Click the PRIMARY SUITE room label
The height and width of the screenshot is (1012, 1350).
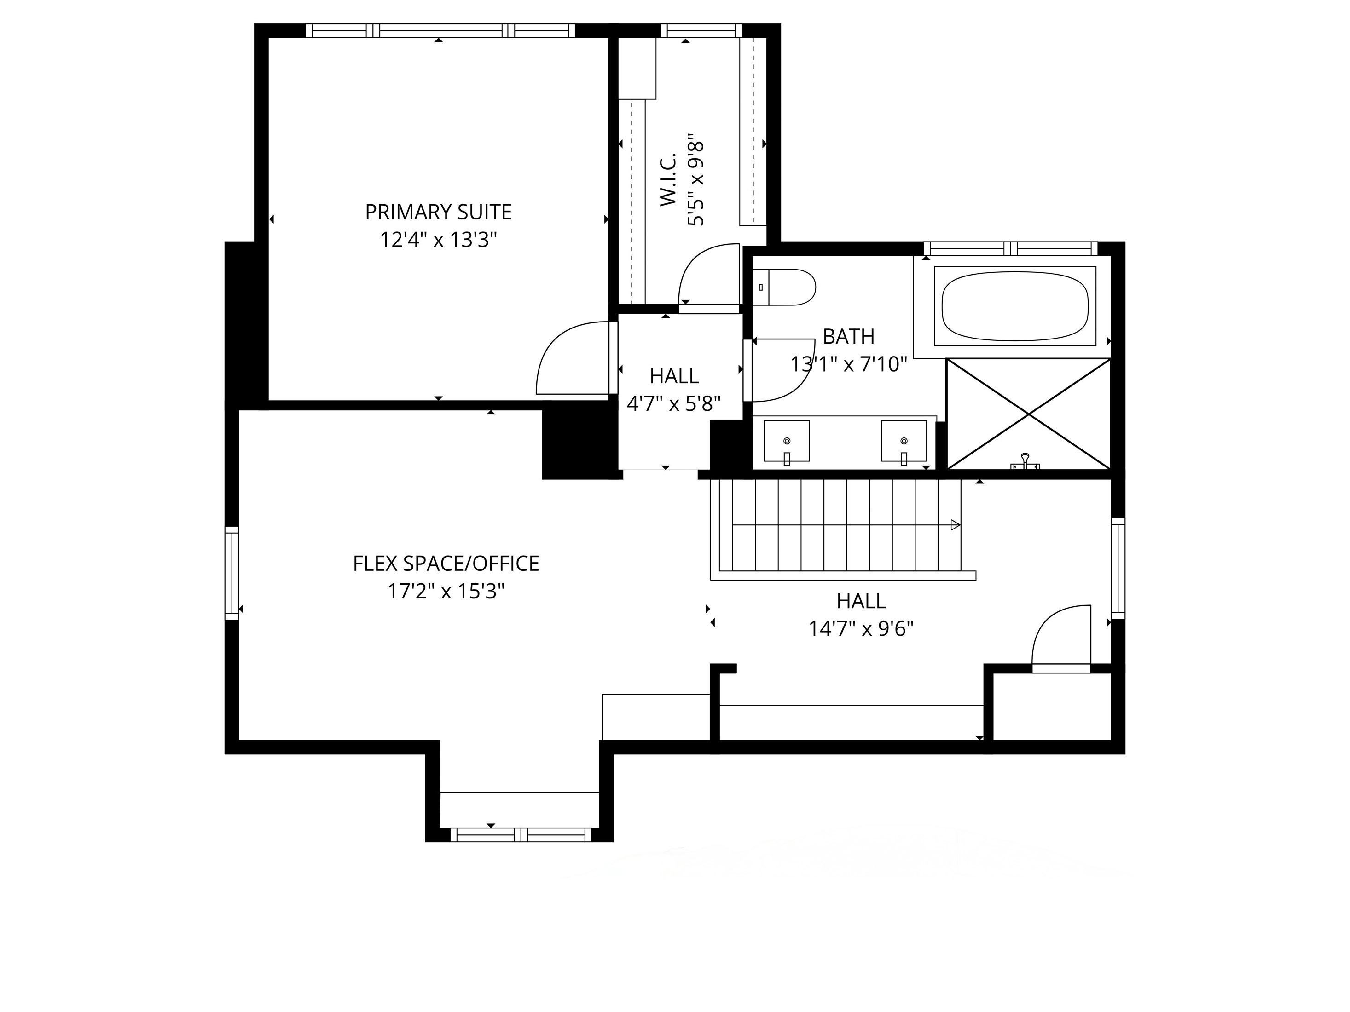click(x=438, y=212)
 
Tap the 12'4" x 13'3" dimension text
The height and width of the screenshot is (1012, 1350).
click(x=438, y=240)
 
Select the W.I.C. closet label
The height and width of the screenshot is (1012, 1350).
click(x=669, y=179)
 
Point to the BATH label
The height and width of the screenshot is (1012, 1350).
click(x=848, y=337)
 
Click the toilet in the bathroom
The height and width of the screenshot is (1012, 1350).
click(x=784, y=287)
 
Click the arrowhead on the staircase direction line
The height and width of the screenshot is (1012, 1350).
click(x=956, y=524)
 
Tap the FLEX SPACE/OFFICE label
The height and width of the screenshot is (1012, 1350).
click(x=446, y=563)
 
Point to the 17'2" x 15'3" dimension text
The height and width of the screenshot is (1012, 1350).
click(x=446, y=592)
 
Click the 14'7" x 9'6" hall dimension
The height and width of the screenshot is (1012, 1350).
click(x=861, y=628)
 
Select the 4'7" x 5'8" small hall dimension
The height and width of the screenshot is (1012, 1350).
click(x=674, y=404)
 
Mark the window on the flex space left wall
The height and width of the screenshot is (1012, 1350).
click(x=232, y=574)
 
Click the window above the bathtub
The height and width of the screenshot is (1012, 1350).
click(x=1011, y=249)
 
